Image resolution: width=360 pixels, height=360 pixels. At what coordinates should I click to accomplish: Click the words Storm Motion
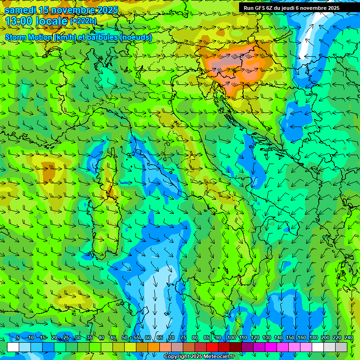29,37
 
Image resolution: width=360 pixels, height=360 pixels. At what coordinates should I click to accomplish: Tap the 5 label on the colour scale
18,338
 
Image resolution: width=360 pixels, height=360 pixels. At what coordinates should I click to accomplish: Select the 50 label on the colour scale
124,338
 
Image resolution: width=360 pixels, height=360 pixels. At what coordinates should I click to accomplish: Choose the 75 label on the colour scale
183,338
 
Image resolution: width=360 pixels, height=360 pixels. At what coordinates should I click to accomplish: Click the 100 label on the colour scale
231,338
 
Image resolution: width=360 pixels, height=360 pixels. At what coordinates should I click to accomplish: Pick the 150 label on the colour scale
290,338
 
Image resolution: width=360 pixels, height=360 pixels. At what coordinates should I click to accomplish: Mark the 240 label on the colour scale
348,338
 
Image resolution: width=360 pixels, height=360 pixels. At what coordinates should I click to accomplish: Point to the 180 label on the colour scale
313,338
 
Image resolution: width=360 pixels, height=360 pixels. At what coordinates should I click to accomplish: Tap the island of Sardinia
104,225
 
